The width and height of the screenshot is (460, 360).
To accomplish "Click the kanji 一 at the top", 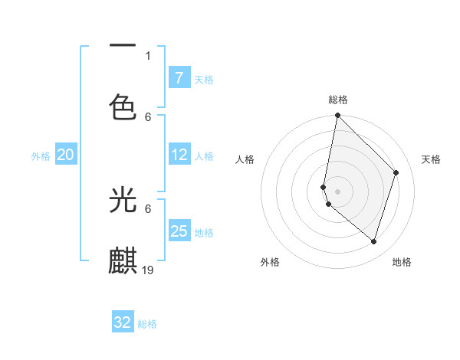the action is (x=123, y=45).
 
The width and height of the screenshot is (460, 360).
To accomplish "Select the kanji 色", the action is (x=123, y=106).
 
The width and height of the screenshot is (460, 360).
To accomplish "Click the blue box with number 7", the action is (x=179, y=78).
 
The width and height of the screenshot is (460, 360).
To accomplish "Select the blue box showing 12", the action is (x=179, y=155).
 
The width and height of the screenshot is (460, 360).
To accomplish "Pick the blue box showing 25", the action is (x=179, y=231).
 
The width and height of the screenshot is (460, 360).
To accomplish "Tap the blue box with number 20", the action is (x=65, y=155).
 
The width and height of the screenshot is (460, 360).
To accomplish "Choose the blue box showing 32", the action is (x=123, y=322).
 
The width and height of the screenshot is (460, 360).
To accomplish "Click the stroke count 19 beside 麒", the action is (x=148, y=270).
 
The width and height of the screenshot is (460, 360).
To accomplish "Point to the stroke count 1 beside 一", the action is (x=148, y=55).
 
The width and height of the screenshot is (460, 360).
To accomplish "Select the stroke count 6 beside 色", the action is (x=148, y=116).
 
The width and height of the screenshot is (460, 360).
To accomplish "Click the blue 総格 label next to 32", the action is (x=147, y=324).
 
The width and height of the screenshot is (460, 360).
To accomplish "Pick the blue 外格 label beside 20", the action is (x=41, y=156).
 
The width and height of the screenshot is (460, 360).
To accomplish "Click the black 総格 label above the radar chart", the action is (x=338, y=100).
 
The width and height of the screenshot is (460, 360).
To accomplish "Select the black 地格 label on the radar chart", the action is (x=402, y=263).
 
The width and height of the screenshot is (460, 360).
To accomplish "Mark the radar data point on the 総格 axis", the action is (x=337, y=116).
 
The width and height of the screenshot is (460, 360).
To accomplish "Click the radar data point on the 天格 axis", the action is (x=396, y=172).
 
